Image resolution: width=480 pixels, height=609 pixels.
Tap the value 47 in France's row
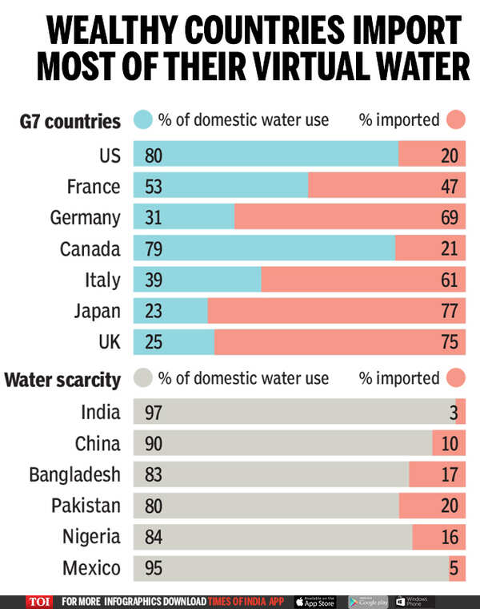pyautogui.click(x=449, y=187)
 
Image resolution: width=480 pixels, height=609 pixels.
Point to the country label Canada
pyautogui.click(x=90, y=248)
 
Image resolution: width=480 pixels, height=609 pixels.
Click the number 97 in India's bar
pyautogui.click(x=154, y=413)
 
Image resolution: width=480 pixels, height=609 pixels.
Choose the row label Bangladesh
pyautogui.click(x=74, y=474)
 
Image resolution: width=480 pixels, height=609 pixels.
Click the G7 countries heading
pyautogui.click(x=70, y=121)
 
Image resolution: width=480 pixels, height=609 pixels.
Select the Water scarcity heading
pyautogui.click(x=62, y=378)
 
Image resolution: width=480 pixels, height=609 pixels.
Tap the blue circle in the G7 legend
pyautogui.click(x=143, y=120)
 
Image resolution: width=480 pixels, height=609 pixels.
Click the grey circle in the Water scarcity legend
pyautogui.click(x=143, y=378)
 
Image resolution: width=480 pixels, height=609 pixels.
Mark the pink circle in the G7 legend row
pyautogui.click(x=456, y=120)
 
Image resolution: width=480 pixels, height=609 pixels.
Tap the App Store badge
pyautogui.click(x=314, y=601)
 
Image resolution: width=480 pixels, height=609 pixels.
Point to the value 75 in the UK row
pyautogui.click(x=449, y=342)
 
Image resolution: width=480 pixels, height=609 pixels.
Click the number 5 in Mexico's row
pyautogui.click(x=453, y=568)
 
